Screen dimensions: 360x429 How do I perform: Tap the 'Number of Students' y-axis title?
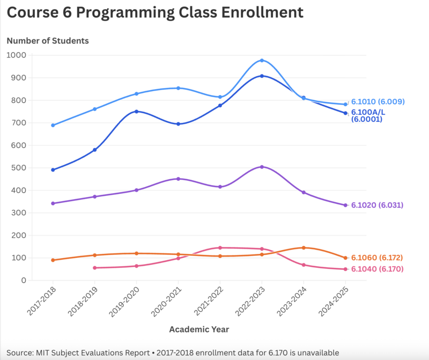(48, 41)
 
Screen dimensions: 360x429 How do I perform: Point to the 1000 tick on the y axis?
(16, 55)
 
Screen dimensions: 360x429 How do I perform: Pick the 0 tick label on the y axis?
(24, 281)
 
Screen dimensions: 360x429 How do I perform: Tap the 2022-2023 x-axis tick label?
(252, 301)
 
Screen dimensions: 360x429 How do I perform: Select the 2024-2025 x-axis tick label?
(335, 301)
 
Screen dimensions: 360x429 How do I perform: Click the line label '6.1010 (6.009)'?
(378, 102)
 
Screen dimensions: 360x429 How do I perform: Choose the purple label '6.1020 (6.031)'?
(377, 205)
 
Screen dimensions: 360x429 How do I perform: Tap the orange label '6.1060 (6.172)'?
(377, 258)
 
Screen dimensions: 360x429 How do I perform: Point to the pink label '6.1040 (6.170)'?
(377, 269)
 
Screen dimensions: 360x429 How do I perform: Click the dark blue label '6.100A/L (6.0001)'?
(367, 116)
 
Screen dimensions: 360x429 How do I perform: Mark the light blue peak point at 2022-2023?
(262, 61)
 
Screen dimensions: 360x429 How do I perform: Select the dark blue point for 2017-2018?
(53, 170)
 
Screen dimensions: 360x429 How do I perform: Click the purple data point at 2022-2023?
(262, 167)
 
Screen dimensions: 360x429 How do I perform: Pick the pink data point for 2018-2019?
(95, 268)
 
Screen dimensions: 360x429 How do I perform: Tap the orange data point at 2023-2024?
(304, 248)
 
